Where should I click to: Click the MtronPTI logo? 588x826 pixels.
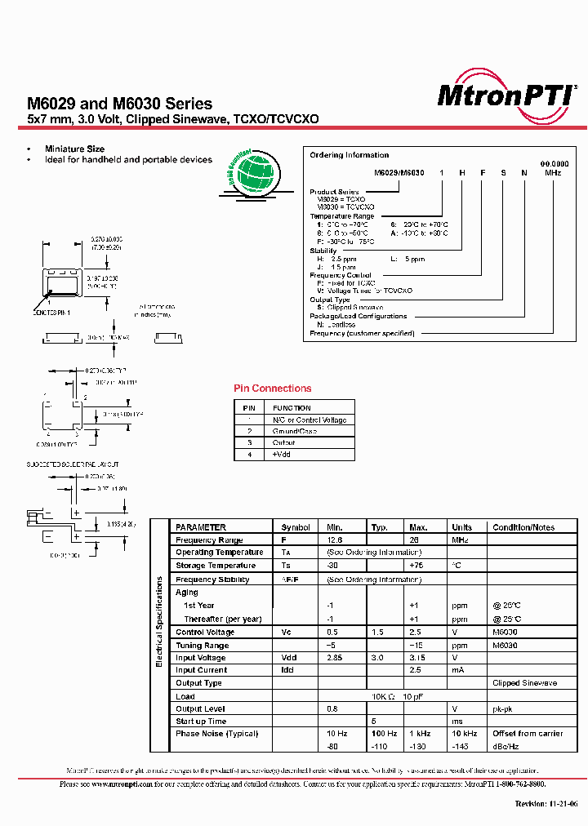coord(506,95)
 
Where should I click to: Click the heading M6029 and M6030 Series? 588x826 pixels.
coord(120,104)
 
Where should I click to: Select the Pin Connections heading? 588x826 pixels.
coord(272,389)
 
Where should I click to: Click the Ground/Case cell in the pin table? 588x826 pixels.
coord(295,431)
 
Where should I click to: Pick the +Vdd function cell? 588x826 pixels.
coord(282,454)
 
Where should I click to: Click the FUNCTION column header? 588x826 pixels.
coord(292,408)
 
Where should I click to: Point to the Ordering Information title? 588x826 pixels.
coord(349,155)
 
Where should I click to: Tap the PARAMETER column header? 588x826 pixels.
coord(201,527)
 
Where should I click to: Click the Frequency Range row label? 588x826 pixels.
coord(209,540)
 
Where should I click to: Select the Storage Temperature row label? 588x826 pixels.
coord(216,566)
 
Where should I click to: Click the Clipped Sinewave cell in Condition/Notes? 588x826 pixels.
coord(524,683)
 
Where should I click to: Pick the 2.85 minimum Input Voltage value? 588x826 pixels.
coord(335,658)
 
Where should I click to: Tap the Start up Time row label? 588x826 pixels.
coord(201,722)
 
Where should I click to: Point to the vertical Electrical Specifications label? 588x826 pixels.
coord(160,620)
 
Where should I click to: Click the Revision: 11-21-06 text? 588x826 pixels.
coord(546,804)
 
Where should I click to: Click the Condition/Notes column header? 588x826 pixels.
coord(523,527)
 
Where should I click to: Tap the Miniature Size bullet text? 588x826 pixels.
coord(74,149)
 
